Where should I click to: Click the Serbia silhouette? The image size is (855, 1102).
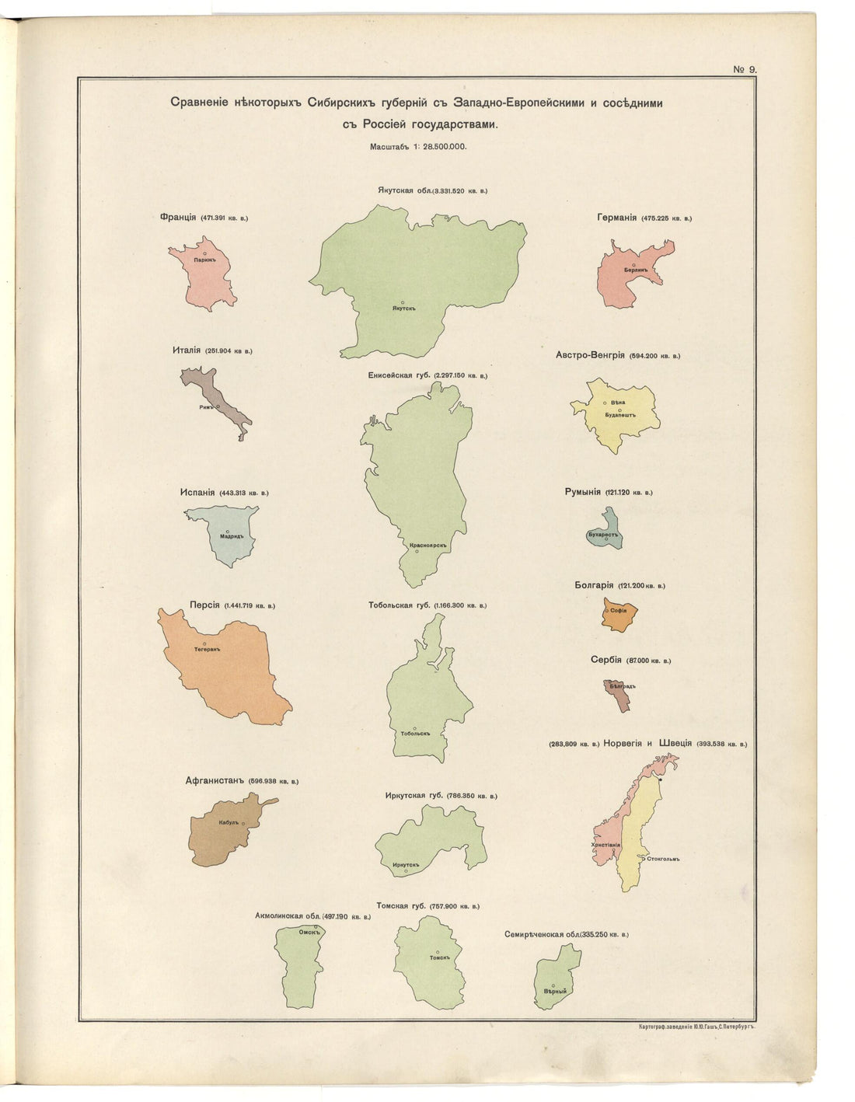pos(619,696)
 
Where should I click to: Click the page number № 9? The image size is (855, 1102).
pos(744,69)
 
